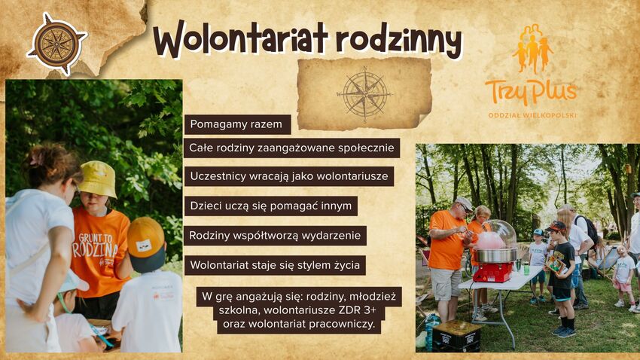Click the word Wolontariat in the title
tap(241, 38)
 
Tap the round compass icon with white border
tap(56, 44)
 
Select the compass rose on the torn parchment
tap(364, 94)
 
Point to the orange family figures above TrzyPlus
tap(532, 48)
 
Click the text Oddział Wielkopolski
tap(532, 115)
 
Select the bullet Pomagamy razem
tap(236, 124)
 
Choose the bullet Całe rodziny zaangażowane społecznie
tap(291, 148)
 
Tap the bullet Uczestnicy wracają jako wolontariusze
tap(289, 177)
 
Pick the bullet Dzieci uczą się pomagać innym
tap(270, 206)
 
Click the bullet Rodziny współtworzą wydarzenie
tap(275, 236)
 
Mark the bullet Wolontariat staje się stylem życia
tap(275, 265)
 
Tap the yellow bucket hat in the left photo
tap(98, 178)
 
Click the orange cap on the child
tap(146, 239)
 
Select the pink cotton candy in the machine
tap(490, 240)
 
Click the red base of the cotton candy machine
tap(493, 272)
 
